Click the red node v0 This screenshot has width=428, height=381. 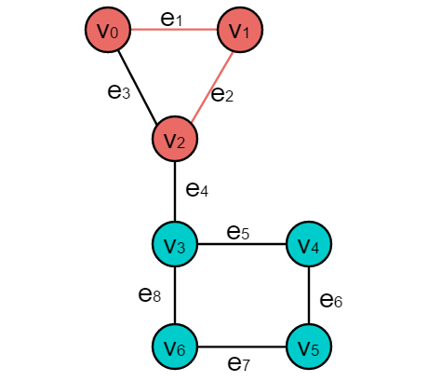[108, 30]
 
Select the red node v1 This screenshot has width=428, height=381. [240, 30]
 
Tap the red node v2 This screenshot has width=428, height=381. [175, 139]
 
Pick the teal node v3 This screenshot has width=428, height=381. [175, 244]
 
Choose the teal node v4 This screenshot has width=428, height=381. [309, 244]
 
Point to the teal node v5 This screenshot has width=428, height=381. [309, 347]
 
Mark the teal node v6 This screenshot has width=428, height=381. [175, 347]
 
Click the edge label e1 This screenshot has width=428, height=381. [171, 20]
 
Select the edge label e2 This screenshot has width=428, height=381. [222, 94]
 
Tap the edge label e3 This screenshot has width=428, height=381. [119, 91]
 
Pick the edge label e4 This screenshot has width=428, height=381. [197, 189]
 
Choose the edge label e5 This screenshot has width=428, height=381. [238, 233]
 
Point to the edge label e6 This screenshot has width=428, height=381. [331, 301]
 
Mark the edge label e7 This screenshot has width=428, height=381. [239, 363]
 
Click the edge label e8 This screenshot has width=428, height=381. [150, 294]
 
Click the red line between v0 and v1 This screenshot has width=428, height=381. [174, 30]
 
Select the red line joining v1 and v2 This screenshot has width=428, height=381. [212, 87]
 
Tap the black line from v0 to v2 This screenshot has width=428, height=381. [138, 87]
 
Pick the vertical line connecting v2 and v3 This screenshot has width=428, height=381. [175, 192]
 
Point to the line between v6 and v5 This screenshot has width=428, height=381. [242, 347]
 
